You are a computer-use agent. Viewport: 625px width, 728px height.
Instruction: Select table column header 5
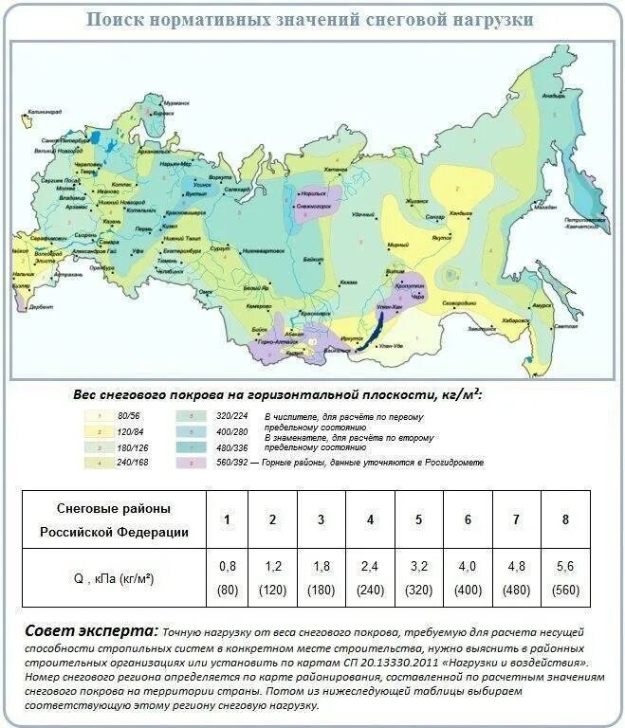[x=419, y=519]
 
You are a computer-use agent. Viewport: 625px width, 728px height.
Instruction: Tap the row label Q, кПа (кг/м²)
[x=114, y=576]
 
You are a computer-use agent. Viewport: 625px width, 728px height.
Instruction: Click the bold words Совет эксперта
[x=91, y=630]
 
